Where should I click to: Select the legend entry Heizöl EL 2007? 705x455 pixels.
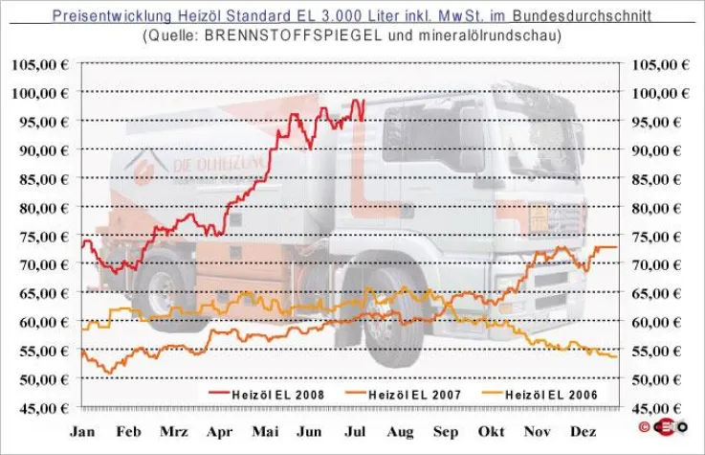(x=408, y=394)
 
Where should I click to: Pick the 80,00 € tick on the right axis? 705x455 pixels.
(x=661, y=208)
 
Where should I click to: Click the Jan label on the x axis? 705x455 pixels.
(x=83, y=432)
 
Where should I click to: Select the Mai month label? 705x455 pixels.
(x=265, y=432)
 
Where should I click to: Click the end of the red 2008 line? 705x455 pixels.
(x=364, y=101)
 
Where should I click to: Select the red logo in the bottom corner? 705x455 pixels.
(x=657, y=425)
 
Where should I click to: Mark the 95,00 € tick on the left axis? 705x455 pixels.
(x=43, y=122)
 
